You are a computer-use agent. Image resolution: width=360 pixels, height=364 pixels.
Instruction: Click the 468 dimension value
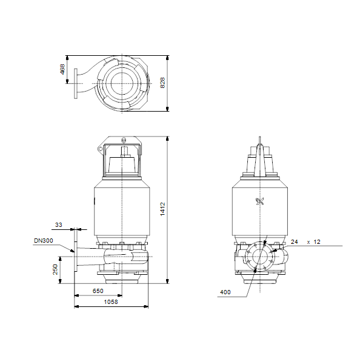[62, 69]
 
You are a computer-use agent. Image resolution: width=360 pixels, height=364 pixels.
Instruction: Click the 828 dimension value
[162, 83]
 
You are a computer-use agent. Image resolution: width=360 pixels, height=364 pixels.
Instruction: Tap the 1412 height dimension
[162, 209]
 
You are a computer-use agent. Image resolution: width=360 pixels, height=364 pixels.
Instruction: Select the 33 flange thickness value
[59, 224]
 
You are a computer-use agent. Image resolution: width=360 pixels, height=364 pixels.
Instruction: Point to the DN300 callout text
[44, 240]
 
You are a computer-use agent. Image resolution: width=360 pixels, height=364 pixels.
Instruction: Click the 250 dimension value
[55, 269]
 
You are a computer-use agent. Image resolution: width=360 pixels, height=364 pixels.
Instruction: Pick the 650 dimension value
[98, 291]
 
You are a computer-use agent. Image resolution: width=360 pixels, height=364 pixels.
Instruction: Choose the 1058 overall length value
[111, 302]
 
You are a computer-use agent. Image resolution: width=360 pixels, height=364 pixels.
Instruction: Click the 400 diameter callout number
[225, 292]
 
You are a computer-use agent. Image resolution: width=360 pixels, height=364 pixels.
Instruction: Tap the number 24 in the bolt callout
[295, 241]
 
